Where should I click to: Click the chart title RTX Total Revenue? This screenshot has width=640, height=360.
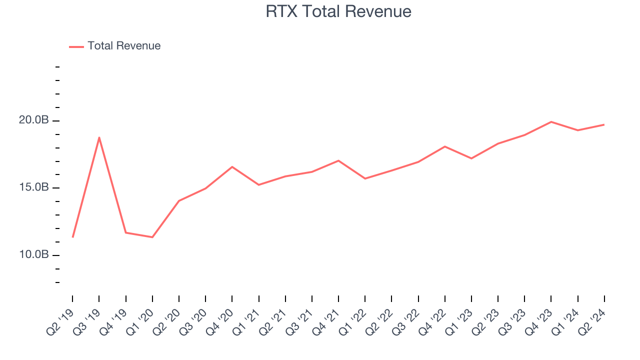point(338,11)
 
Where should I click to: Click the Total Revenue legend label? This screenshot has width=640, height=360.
point(124,46)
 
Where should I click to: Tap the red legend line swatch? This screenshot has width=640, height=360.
point(76,46)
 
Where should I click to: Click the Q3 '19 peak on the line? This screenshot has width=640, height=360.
point(99,137)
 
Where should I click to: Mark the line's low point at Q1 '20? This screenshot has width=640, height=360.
point(152,237)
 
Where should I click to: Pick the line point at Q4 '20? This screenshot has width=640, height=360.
point(232,166)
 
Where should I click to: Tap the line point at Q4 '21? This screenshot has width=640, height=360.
point(338,160)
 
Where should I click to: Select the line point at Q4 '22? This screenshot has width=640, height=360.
point(445,146)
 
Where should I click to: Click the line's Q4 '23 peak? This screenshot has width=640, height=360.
point(551,121)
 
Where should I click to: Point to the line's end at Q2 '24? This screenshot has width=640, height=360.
point(604,124)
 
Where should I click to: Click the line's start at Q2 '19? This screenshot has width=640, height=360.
point(72,237)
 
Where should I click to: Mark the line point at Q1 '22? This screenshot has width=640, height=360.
point(365,178)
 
